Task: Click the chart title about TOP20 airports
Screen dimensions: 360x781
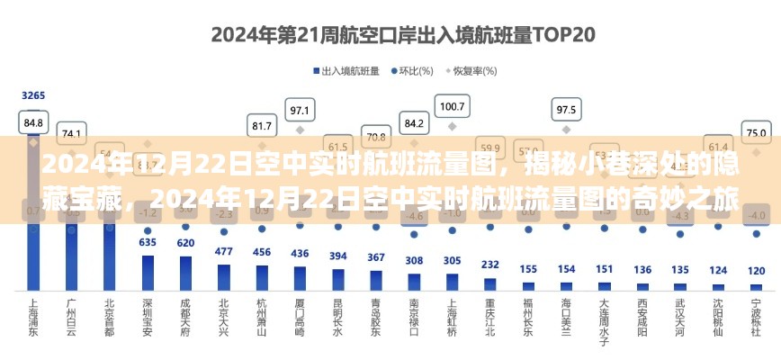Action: pyautogui.click(x=390, y=36)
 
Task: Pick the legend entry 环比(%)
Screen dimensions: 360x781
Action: pyautogui.click(x=414, y=70)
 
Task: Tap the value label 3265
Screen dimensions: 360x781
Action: pyautogui.click(x=33, y=95)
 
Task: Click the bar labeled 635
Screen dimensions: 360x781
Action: pyautogui.click(x=148, y=273)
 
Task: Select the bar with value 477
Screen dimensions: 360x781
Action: pyautogui.click(x=224, y=277)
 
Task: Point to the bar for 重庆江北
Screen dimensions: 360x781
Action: pyautogui.click(x=489, y=283)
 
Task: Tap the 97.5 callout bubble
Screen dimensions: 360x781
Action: pyautogui.click(x=566, y=111)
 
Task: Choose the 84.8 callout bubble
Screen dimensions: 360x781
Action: pyautogui.click(x=33, y=121)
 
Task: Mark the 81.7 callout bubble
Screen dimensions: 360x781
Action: pyautogui.click(x=262, y=126)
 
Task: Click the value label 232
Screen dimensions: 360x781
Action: pyautogui.click(x=489, y=265)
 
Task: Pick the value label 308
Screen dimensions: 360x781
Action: pyautogui.click(x=414, y=261)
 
